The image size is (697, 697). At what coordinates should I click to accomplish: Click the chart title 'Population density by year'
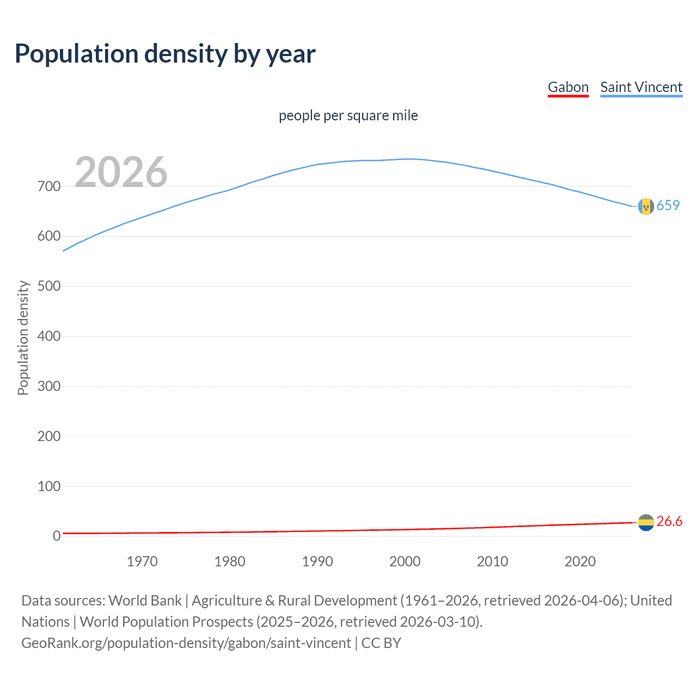165,54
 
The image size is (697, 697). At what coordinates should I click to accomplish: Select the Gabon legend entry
568,87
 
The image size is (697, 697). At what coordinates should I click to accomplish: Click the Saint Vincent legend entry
641,87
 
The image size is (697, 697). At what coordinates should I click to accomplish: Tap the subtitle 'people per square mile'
348,115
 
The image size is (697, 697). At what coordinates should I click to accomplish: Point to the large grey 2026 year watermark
121,172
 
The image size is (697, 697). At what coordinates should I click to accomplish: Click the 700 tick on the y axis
49,186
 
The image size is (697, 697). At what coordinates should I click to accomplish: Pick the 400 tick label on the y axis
49,336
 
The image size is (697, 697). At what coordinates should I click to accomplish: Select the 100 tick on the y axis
49,486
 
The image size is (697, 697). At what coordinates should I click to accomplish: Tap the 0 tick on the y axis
56,536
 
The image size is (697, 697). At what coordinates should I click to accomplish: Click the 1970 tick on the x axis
142,561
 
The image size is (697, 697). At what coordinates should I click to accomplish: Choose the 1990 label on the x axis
317,561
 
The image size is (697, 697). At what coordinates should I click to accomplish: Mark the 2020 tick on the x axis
580,561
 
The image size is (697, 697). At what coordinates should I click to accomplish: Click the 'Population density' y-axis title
23,338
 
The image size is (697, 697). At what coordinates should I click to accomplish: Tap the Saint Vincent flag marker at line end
645,206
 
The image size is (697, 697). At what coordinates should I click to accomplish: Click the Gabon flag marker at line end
645,522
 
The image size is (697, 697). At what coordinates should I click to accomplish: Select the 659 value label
668,205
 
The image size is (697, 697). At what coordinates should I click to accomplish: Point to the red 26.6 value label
669,521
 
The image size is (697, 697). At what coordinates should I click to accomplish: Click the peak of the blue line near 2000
409,159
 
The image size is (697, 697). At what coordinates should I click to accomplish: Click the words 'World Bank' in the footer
145,601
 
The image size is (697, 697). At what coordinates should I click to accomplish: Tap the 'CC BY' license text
381,643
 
